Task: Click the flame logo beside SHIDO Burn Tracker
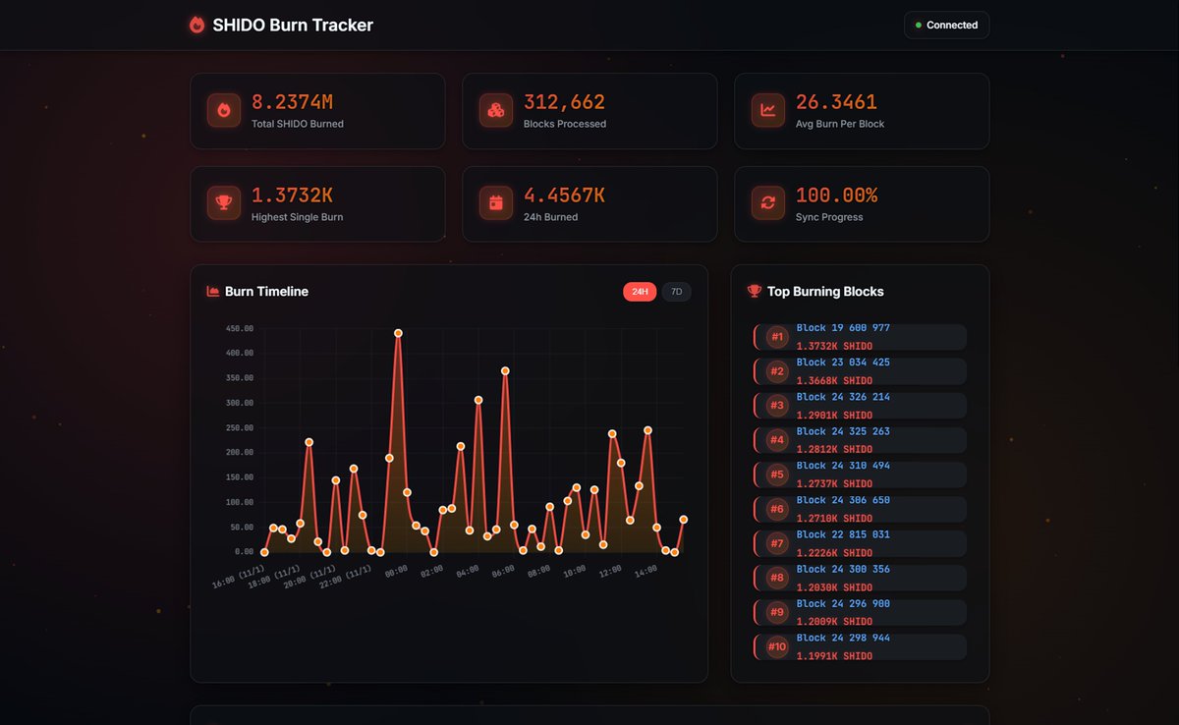pyautogui.click(x=196, y=26)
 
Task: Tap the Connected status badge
pyautogui.click(x=946, y=26)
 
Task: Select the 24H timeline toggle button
pyautogui.click(x=640, y=292)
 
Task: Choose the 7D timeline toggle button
pyautogui.click(x=676, y=292)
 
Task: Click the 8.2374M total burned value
pyautogui.click(x=292, y=102)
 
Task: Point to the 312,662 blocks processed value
pyautogui.click(x=564, y=102)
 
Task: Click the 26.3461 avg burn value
pyautogui.click(x=836, y=102)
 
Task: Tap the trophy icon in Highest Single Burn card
pyautogui.click(x=224, y=203)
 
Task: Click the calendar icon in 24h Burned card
pyautogui.click(x=496, y=203)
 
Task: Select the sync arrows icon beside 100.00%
pyautogui.click(x=767, y=203)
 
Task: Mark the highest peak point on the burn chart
pyautogui.click(x=398, y=333)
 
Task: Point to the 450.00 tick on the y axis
pyautogui.click(x=239, y=329)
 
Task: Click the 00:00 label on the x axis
pyautogui.click(x=396, y=571)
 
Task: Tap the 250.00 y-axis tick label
pyautogui.click(x=239, y=428)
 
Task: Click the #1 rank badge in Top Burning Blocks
pyautogui.click(x=777, y=337)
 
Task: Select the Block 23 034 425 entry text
pyautogui.click(x=843, y=362)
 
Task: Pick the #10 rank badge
pyautogui.click(x=777, y=646)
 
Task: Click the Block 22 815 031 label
pyautogui.click(x=843, y=534)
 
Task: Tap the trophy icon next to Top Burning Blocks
pyautogui.click(x=754, y=291)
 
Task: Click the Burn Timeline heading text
pyautogui.click(x=266, y=292)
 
